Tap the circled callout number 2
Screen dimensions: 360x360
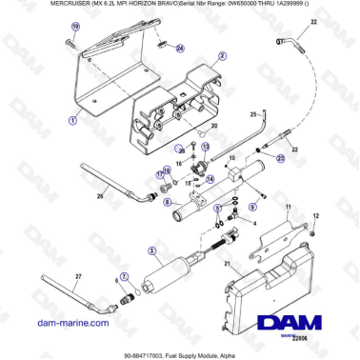tap(222, 56)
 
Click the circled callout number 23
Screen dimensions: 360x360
tap(282, 158)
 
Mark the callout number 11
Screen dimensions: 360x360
tap(290, 206)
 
